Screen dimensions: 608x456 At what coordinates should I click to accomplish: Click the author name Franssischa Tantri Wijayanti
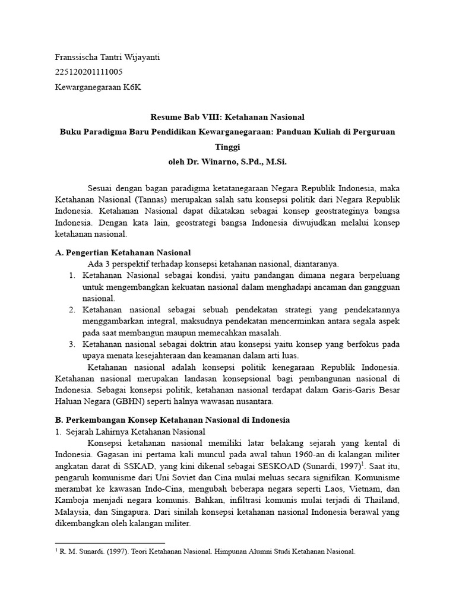(x=107, y=58)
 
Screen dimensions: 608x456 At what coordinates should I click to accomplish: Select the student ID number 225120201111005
(x=89, y=72)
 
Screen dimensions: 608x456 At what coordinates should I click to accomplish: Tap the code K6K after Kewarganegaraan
(x=133, y=87)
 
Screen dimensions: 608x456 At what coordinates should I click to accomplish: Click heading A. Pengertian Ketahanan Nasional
(x=122, y=252)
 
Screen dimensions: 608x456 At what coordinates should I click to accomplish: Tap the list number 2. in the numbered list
(x=71, y=310)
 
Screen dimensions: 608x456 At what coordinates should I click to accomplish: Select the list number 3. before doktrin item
(x=71, y=344)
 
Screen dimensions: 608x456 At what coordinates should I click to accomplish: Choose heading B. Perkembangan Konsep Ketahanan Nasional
(x=172, y=420)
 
